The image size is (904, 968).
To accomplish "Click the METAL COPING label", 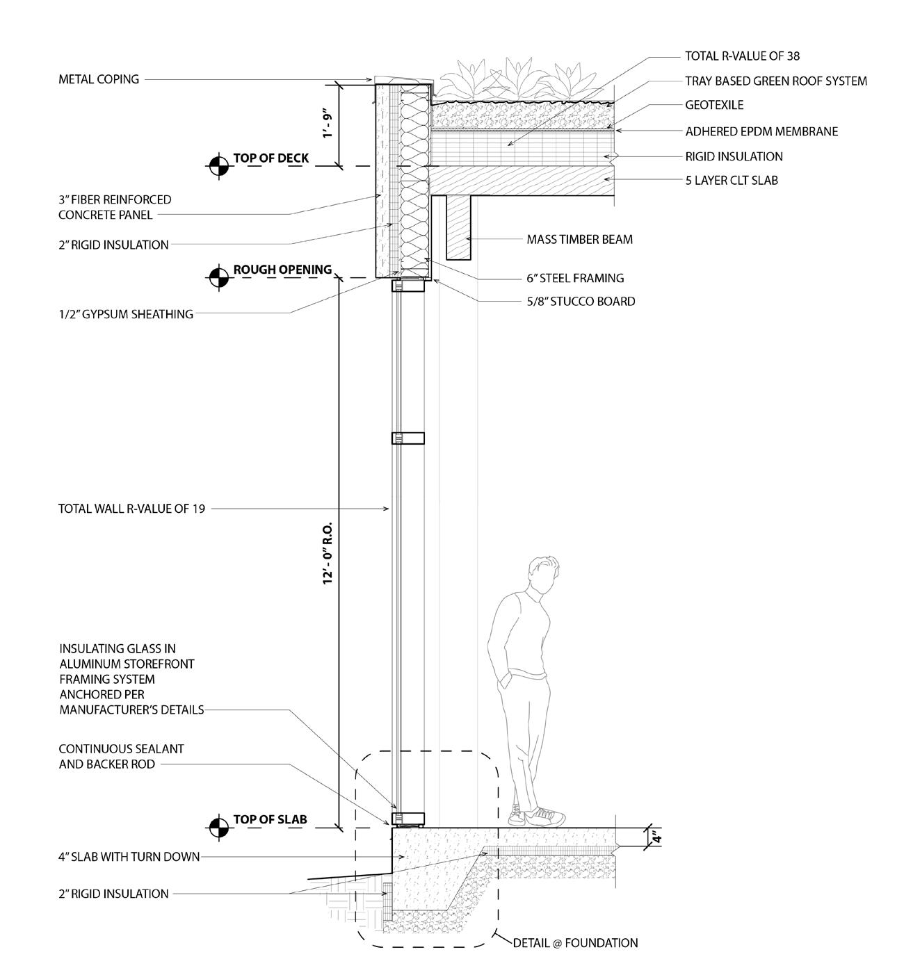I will coord(99,80).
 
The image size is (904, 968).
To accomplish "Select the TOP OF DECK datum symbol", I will coord(218,165).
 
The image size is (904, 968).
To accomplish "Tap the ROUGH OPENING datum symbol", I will coord(218,277).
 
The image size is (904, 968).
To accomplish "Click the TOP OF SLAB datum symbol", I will coord(218,827).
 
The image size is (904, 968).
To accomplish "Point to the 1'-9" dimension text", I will coord(329,124).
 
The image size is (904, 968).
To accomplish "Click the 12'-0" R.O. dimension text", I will coord(329,552).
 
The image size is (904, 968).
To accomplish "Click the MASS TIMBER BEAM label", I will coord(579,240).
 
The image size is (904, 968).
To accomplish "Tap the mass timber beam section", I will coord(459,227).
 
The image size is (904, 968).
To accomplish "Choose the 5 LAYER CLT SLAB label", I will coord(731,181).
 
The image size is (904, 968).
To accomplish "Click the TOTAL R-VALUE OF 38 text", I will coord(737,56).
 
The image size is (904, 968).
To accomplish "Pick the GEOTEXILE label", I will coord(714,106).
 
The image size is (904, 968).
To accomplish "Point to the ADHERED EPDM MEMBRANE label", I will coord(761,131).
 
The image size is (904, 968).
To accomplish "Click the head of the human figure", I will coord(540,575).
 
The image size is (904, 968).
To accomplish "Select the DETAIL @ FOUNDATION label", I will coord(575,944).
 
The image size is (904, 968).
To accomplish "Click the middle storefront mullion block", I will coord(408,438).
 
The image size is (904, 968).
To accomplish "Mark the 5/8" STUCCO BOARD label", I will coord(581,302).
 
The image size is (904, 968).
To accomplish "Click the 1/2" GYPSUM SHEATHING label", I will coord(126,315).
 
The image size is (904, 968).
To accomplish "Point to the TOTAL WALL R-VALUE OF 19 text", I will coord(131,509).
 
